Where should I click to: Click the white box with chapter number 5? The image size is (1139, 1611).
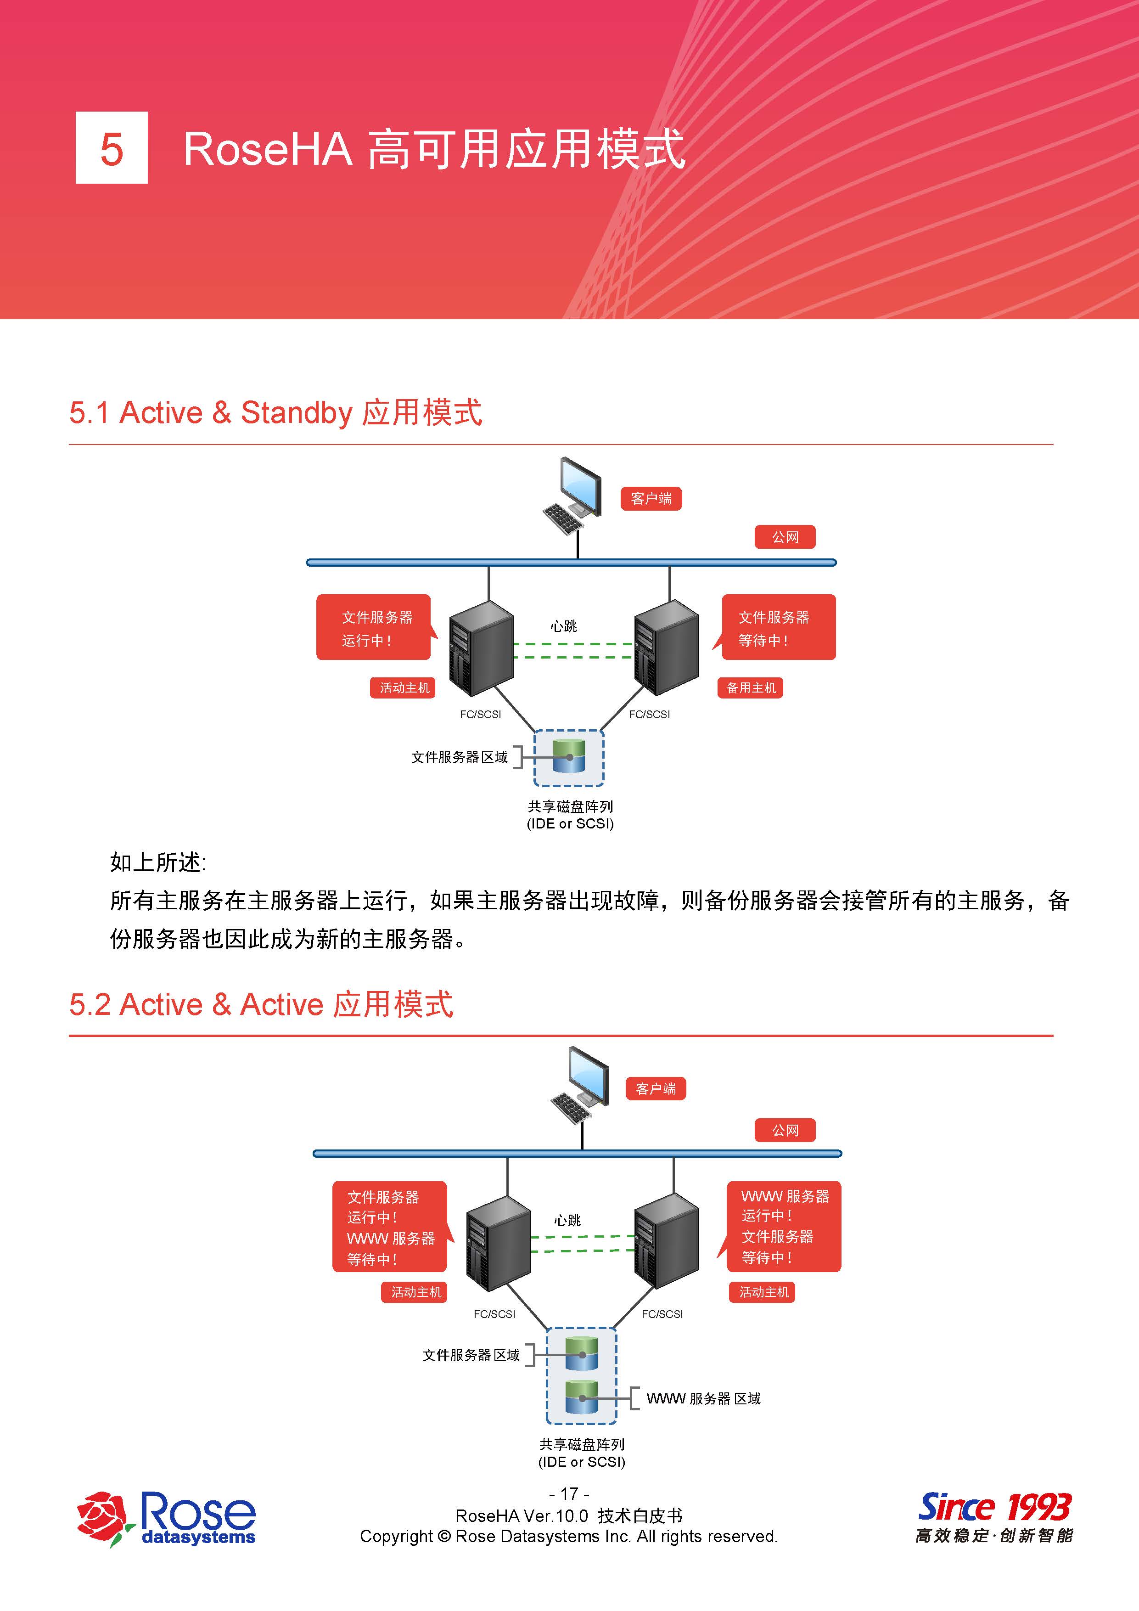pos(112,148)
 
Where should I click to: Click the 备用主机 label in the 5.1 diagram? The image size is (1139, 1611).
pos(750,687)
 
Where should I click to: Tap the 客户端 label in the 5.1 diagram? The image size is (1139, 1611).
pos(651,499)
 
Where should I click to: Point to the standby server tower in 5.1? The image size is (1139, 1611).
pos(666,648)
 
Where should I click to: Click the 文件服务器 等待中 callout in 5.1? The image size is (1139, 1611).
pos(776,628)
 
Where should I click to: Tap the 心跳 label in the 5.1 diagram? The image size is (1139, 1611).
pos(563,626)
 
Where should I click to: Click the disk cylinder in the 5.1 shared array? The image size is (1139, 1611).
pos(569,756)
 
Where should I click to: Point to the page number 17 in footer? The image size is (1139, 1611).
pos(569,1494)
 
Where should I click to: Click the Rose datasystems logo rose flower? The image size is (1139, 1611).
pos(104,1518)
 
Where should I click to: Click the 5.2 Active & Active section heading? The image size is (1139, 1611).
pos(261,1005)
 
